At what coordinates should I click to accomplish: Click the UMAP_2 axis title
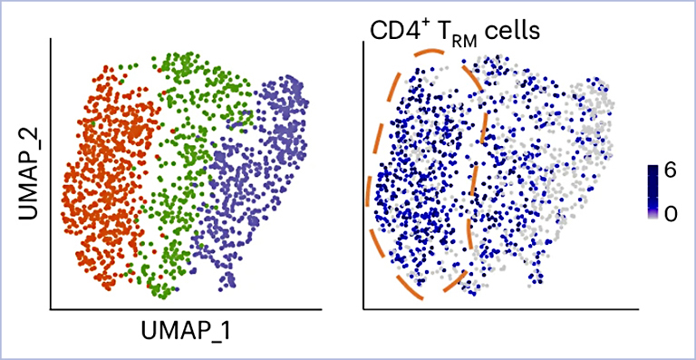point(30,174)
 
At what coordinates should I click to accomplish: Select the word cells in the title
point(512,32)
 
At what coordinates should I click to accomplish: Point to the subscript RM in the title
point(465,43)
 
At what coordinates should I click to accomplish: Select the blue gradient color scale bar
point(653,191)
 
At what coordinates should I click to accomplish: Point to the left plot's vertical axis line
point(51,173)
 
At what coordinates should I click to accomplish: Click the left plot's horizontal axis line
point(186,308)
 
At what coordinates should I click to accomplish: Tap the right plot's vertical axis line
point(364,175)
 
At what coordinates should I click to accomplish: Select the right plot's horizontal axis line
point(501,308)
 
